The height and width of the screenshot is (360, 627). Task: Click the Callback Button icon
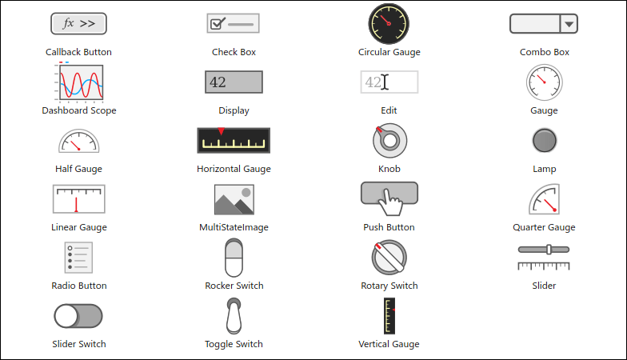point(78,24)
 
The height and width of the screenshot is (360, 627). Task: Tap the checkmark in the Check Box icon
point(218,24)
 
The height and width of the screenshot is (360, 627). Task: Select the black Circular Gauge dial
point(389,24)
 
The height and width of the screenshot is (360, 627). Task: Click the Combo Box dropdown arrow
point(569,24)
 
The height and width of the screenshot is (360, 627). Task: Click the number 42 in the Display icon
point(218,82)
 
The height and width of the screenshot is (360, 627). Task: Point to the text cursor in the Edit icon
point(385,82)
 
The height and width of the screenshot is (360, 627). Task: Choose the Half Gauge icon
point(78,141)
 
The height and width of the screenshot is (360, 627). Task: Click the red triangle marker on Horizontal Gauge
point(221,131)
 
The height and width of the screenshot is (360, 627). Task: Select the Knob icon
point(389,141)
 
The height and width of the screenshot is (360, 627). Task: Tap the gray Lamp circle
point(544,141)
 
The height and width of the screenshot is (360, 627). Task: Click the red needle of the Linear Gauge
point(76,205)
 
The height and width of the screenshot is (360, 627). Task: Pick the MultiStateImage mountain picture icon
point(234,199)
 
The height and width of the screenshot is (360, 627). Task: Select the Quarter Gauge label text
point(544,227)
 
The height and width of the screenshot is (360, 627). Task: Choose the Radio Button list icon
point(78,258)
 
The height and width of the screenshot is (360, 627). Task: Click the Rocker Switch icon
point(234,258)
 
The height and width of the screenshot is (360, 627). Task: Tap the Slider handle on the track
point(549,250)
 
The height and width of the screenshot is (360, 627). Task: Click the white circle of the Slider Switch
point(66,316)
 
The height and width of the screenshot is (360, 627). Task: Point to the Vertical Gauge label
point(389,344)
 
